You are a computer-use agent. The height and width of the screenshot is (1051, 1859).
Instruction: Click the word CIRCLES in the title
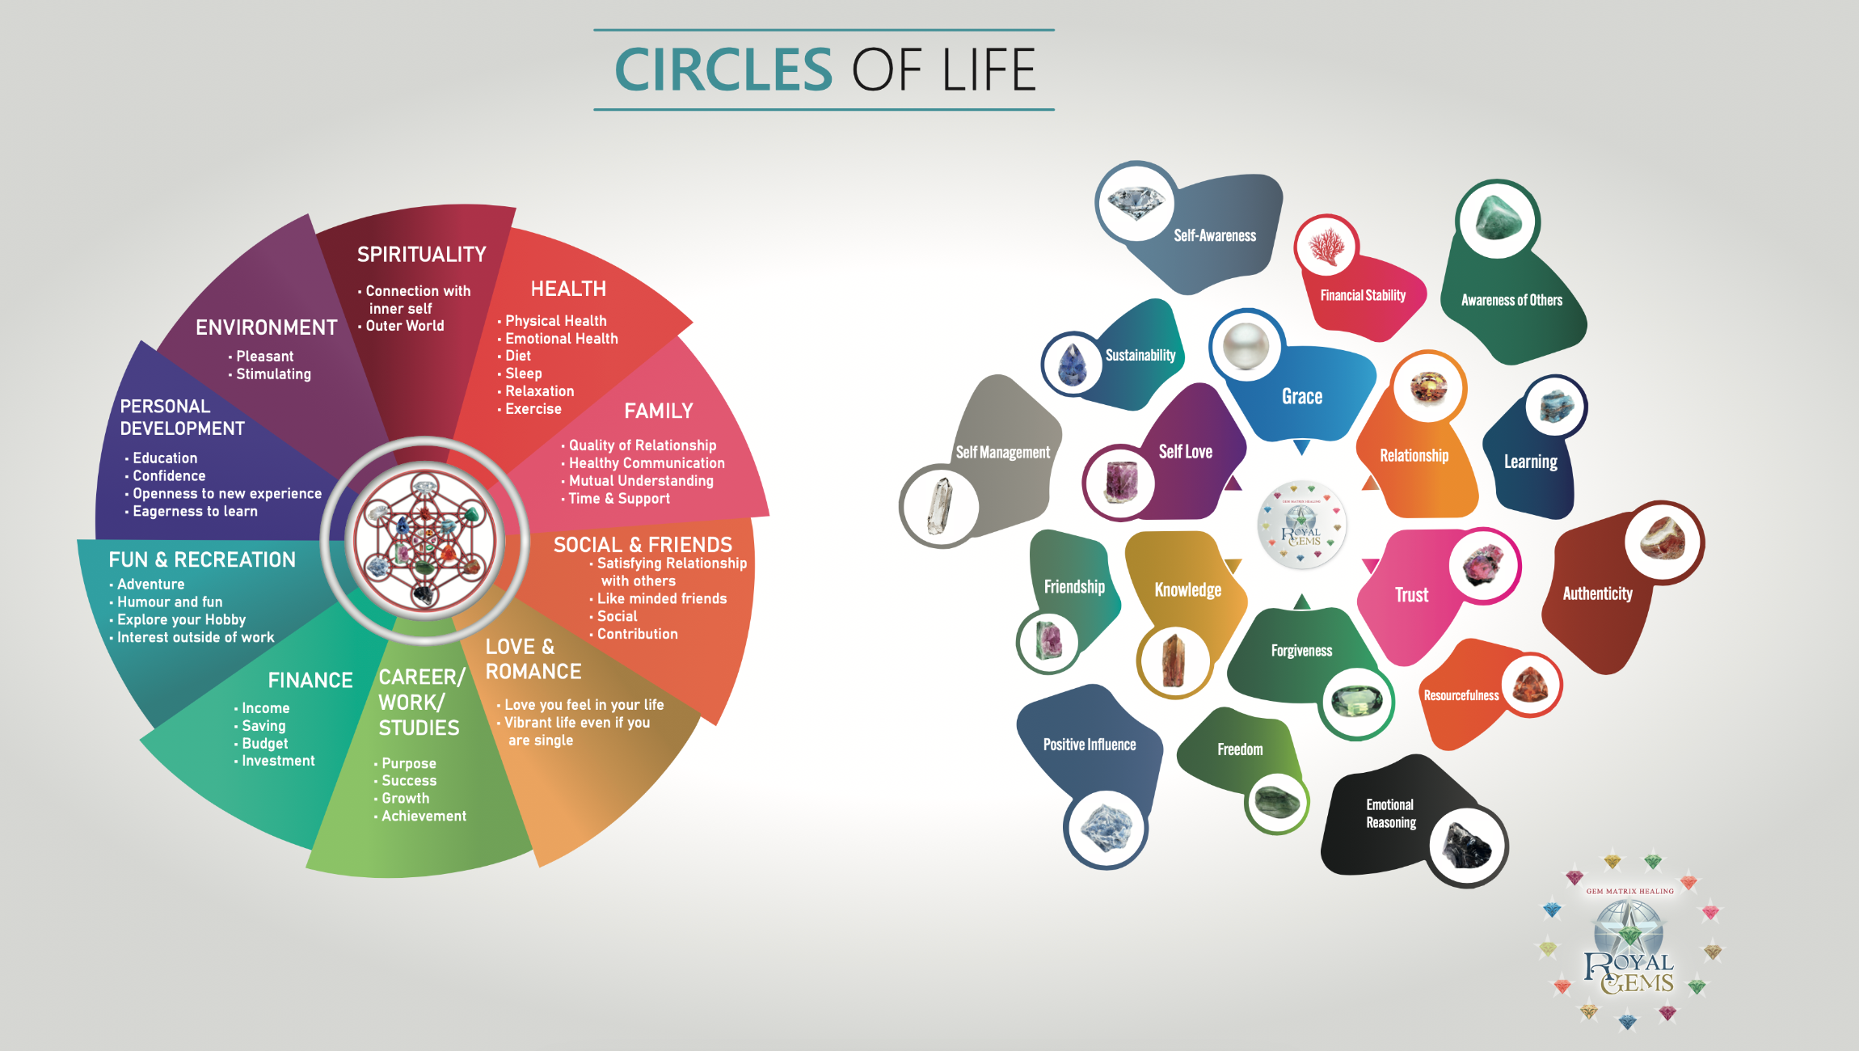(723, 70)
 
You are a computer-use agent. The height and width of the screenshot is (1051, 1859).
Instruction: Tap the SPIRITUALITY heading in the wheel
(421, 255)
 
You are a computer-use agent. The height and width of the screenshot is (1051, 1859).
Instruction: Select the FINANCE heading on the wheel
(310, 681)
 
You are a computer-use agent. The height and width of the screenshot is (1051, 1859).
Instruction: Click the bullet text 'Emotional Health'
(561, 339)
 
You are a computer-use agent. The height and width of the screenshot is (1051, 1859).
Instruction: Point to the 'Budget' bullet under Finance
(264, 744)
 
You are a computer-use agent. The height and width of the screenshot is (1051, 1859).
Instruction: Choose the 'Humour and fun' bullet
(170, 602)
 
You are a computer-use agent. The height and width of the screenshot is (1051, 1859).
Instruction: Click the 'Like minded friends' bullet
(661, 599)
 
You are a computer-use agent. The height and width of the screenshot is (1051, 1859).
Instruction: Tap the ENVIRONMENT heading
(266, 327)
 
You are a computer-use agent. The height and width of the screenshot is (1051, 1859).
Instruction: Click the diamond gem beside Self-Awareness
(1136, 201)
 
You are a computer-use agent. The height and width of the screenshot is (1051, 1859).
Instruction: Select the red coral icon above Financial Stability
(1326, 246)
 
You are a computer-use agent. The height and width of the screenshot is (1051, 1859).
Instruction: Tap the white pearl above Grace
(1246, 346)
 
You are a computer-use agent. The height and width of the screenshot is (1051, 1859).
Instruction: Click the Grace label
(1302, 397)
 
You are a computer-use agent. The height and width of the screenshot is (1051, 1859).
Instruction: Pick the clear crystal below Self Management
(939, 506)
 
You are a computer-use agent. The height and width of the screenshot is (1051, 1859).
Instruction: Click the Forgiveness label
(1301, 651)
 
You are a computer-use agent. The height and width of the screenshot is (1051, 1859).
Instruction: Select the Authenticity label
(1597, 594)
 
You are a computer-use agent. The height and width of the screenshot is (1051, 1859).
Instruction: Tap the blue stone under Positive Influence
(1106, 829)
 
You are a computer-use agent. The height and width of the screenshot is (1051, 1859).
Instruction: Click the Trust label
(1411, 596)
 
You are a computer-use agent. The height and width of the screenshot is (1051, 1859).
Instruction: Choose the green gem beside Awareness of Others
(1498, 219)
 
